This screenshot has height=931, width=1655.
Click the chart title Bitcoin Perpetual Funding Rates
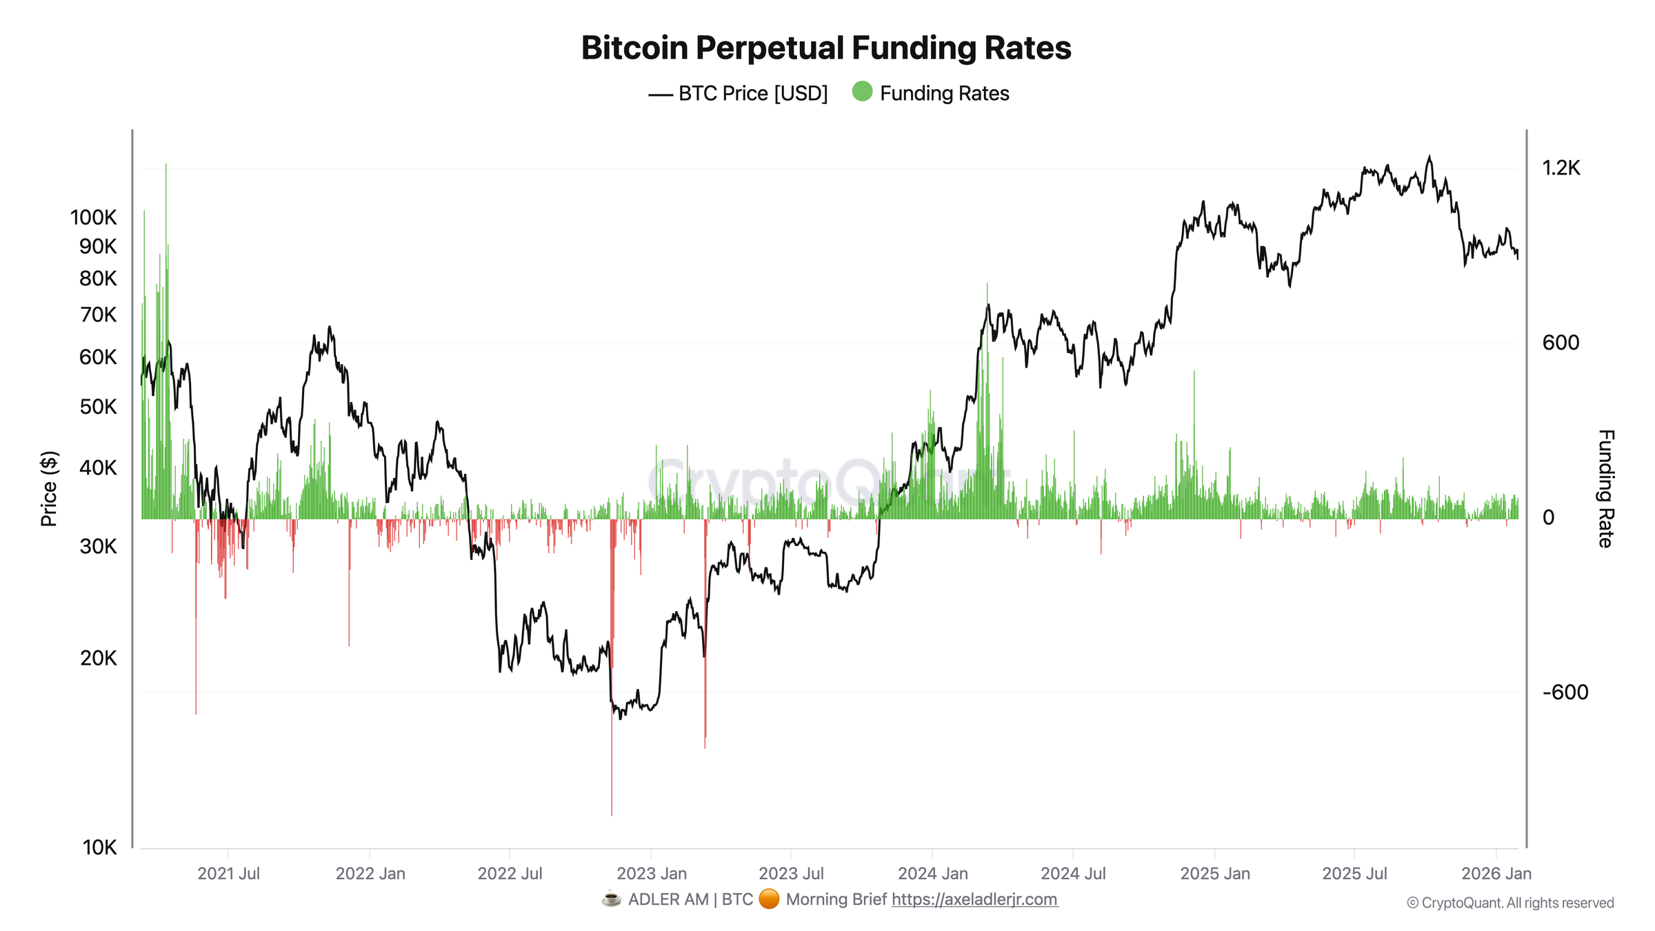coord(825,48)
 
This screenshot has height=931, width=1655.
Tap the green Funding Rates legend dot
coord(862,92)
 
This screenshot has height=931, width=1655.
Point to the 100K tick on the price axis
coord(94,218)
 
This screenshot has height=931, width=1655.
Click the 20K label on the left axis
coord(98,659)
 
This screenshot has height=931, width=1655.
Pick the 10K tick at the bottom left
coord(99,848)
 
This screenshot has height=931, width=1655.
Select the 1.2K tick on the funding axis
coord(1561,168)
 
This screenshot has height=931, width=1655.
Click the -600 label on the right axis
coord(1565,692)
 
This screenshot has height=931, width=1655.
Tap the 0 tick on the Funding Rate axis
coord(1548,518)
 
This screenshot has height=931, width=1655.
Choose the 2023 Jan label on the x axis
coord(651,874)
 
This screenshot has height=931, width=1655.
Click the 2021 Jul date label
coord(228,874)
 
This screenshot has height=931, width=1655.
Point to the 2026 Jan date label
coord(1496,874)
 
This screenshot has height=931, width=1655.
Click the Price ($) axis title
coord(49,489)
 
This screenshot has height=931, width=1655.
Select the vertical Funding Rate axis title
coord(1605,489)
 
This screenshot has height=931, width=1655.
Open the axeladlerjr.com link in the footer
coord(974,899)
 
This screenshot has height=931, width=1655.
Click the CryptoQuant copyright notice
coord(1509,903)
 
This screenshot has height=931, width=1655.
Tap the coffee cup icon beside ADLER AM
coord(611,899)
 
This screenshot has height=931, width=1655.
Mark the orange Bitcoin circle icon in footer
coord(769,899)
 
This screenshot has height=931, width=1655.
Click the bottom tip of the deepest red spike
coord(612,814)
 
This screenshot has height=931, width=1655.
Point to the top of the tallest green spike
coord(166,165)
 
